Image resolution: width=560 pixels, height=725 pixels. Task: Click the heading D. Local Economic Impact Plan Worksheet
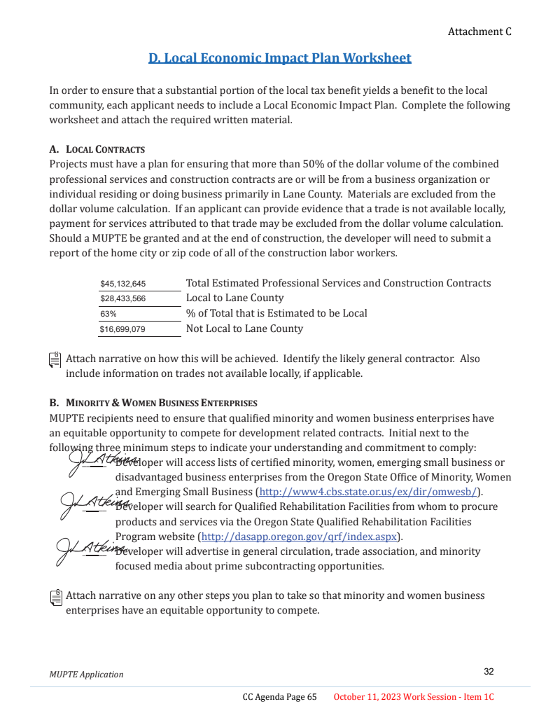coord(279,58)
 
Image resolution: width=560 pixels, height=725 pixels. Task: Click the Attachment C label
coord(479,32)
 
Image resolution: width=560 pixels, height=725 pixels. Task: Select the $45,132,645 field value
coord(123,284)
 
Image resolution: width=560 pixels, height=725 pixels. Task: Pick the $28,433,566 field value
coord(123,298)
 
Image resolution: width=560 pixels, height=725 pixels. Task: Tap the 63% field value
coord(108,314)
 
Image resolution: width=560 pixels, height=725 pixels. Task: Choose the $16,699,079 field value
coord(123,329)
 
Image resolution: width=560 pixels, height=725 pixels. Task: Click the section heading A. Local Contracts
coord(97,149)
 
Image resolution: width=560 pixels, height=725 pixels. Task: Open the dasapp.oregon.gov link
coord(299,537)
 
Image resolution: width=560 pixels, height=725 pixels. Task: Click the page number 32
coord(489,672)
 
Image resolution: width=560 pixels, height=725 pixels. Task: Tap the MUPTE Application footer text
coord(86,675)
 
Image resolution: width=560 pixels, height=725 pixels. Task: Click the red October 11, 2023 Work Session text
coord(414,697)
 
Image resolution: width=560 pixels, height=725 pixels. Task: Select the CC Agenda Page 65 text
coord(279,697)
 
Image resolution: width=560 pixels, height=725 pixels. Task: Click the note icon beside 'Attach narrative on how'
coord(55,360)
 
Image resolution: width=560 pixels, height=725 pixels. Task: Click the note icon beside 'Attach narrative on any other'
coord(55,597)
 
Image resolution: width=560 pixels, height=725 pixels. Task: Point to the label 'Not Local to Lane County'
coord(244,329)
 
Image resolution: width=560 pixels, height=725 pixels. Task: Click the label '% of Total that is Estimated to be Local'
coord(276,313)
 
